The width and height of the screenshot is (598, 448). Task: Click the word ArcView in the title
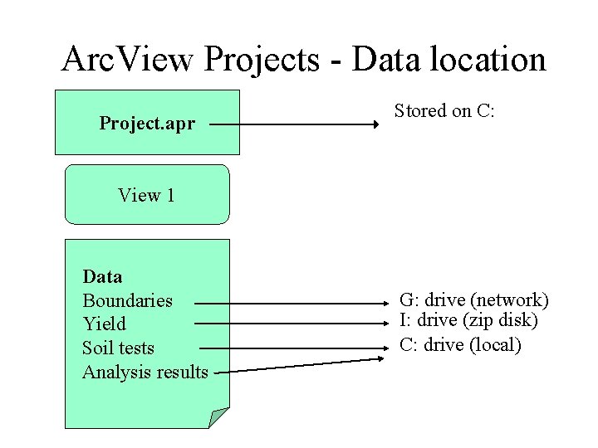coord(128,60)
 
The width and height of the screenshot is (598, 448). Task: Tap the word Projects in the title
coord(271,60)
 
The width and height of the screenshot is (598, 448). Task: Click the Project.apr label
coord(147,124)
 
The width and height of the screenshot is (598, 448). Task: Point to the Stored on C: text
coord(444,110)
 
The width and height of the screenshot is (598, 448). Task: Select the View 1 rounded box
coord(147,195)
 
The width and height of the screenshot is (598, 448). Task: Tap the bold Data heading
coord(102,276)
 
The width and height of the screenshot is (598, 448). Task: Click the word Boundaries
coord(127,299)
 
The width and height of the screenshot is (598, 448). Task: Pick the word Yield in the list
coord(104,324)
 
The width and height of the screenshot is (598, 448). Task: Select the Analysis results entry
coord(145,372)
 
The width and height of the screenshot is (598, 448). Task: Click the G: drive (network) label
coord(473,299)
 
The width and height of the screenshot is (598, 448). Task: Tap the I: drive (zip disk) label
coord(468,319)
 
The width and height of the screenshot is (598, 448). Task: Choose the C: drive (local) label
coord(460,344)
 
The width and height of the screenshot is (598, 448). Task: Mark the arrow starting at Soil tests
coord(291,348)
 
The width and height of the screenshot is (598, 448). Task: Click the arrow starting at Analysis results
coord(299,366)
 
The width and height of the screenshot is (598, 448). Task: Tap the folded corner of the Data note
coord(219,417)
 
